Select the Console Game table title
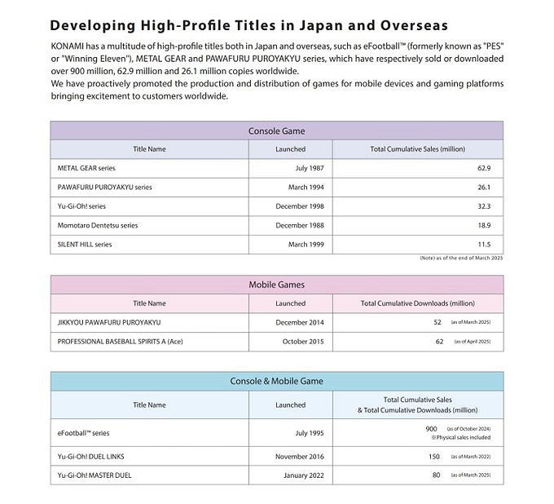[x=276, y=130]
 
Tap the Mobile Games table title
[x=276, y=285]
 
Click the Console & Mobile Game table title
[x=276, y=381]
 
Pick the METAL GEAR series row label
[x=88, y=168]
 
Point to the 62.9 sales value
[x=483, y=168]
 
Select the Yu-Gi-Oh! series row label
[x=81, y=206]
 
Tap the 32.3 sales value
[x=483, y=206]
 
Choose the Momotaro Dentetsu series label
[x=98, y=225]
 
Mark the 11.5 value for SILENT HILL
[x=484, y=244]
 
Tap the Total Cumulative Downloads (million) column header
[x=417, y=303]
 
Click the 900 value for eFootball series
[x=432, y=428]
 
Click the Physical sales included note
[x=461, y=437]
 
